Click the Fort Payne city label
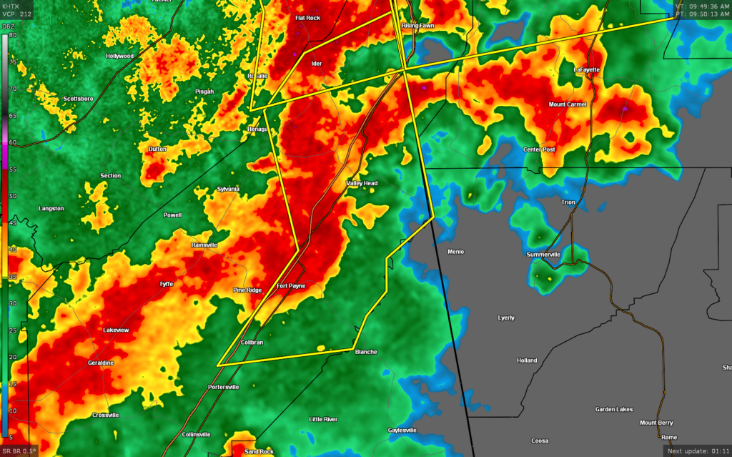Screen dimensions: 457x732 click(291, 286)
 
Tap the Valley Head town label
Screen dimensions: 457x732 click(362, 183)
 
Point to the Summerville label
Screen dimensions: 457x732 click(545, 255)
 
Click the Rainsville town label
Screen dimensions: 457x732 click(204, 245)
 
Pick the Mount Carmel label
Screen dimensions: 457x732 click(567, 104)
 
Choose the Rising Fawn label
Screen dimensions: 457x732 click(417, 26)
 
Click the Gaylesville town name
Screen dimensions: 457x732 click(402, 430)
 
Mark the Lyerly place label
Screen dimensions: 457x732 click(505, 317)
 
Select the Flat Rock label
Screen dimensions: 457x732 click(309, 18)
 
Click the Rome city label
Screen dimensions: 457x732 click(668, 437)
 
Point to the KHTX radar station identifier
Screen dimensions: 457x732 click(13, 6)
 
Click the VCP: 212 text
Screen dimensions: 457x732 click(16, 14)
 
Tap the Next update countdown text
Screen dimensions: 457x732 click(697, 451)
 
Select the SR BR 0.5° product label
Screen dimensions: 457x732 click(19, 451)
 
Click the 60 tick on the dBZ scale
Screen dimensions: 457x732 click(13, 142)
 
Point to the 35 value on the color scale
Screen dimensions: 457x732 click(13, 276)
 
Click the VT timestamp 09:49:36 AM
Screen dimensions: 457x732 click(701, 6)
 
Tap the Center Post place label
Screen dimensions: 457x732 click(540, 149)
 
